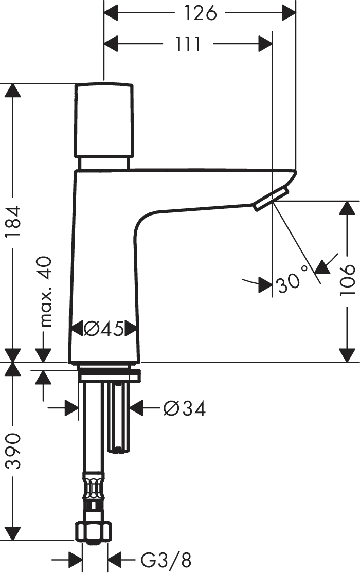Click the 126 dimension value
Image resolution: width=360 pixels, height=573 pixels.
click(x=200, y=13)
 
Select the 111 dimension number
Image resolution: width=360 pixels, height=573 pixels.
click(x=188, y=44)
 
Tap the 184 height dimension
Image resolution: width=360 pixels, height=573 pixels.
click(x=13, y=222)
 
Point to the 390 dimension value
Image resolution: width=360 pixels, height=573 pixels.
click(x=13, y=451)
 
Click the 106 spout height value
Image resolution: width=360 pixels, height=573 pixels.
click(x=347, y=280)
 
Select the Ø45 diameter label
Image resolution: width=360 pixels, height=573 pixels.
click(x=103, y=329)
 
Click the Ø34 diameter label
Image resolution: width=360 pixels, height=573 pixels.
click(x=185, y=408)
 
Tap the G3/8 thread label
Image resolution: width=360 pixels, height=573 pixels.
click(x=166, y=560)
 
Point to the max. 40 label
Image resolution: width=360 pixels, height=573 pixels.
click(x=45, y=292)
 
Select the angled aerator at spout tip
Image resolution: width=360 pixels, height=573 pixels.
click(x=271, y=199)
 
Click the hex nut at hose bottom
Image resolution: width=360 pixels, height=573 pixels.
click(x=93, y=532)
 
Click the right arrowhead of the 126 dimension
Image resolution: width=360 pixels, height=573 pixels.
click(x=289, y=13)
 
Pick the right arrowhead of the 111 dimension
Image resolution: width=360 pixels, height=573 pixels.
click(x=265, y=44)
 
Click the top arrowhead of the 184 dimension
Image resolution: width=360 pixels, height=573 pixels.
click(x=13, y=90)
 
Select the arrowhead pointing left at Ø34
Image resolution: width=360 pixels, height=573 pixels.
click(x=137, y=408)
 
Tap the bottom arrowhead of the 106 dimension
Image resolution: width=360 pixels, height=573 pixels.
click(x=347, y=355)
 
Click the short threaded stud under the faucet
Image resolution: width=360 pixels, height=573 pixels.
click(x=118, y=416)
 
